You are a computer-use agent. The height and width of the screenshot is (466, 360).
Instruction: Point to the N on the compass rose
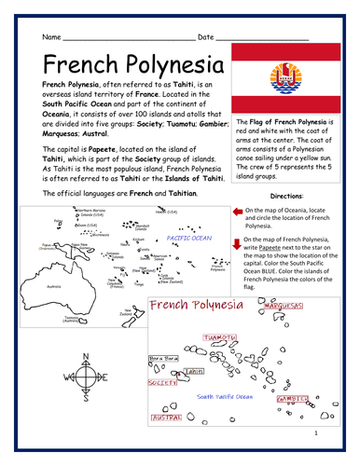point(82,357)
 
